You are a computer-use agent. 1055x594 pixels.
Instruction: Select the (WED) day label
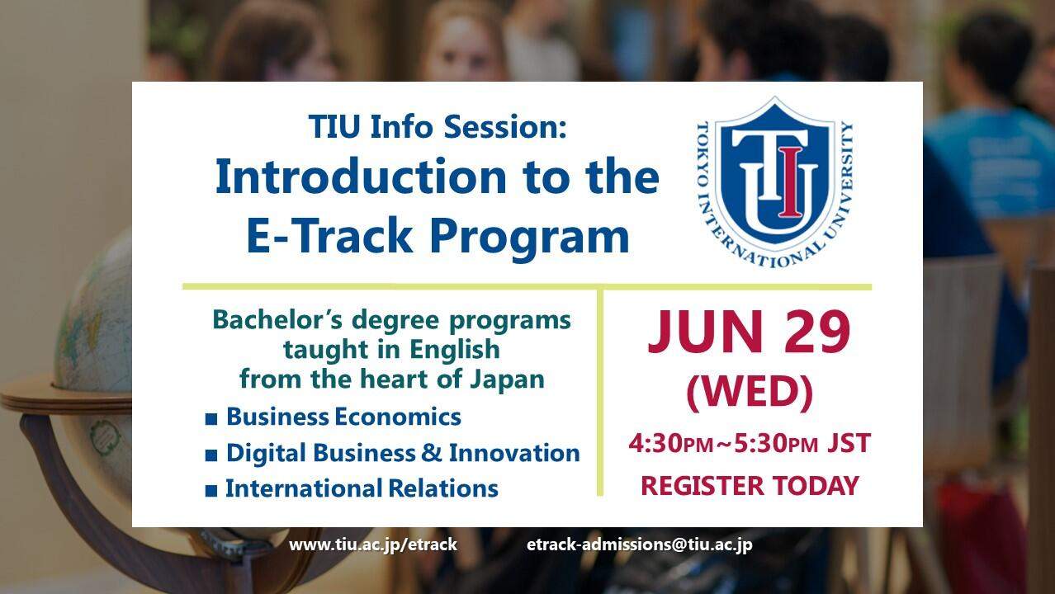750,393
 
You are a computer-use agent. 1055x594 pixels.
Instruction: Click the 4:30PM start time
669,444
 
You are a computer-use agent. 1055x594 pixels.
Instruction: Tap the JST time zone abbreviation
849,444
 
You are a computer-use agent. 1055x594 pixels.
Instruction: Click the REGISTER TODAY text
750,485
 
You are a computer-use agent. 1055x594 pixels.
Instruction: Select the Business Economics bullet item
343,417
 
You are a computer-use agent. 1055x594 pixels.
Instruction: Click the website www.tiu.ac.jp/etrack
372,545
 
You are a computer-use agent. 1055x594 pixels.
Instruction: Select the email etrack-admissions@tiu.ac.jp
639,545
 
